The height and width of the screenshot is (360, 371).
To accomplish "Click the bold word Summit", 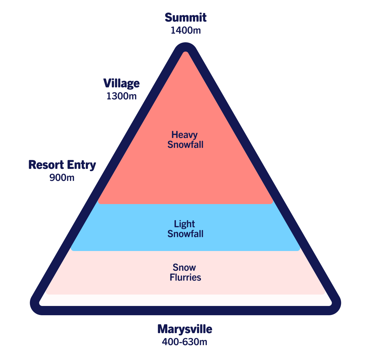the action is pos(185,18).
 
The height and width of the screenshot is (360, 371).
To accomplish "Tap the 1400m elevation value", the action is pos(186,30).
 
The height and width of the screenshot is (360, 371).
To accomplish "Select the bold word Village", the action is pos(121,84).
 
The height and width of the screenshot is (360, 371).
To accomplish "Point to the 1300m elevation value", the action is pos(121,96).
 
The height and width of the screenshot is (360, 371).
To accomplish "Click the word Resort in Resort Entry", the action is pos(46,165).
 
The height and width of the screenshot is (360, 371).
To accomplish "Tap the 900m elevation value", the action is pos(62,178).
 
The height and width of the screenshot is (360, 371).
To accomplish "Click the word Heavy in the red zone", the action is pos(184,135).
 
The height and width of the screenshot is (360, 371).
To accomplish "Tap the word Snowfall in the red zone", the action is pos(185,144).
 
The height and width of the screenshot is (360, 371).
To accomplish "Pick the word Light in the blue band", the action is pos(184,224).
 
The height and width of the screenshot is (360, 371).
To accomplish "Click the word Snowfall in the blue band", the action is pos(185,234).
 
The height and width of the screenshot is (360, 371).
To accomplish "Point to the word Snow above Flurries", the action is pos(184,267).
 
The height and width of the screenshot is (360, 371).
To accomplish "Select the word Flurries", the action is pos(185,277).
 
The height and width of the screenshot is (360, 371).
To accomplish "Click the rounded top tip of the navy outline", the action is pos(185,43).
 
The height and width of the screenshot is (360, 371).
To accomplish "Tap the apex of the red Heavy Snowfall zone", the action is pos(185,52).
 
